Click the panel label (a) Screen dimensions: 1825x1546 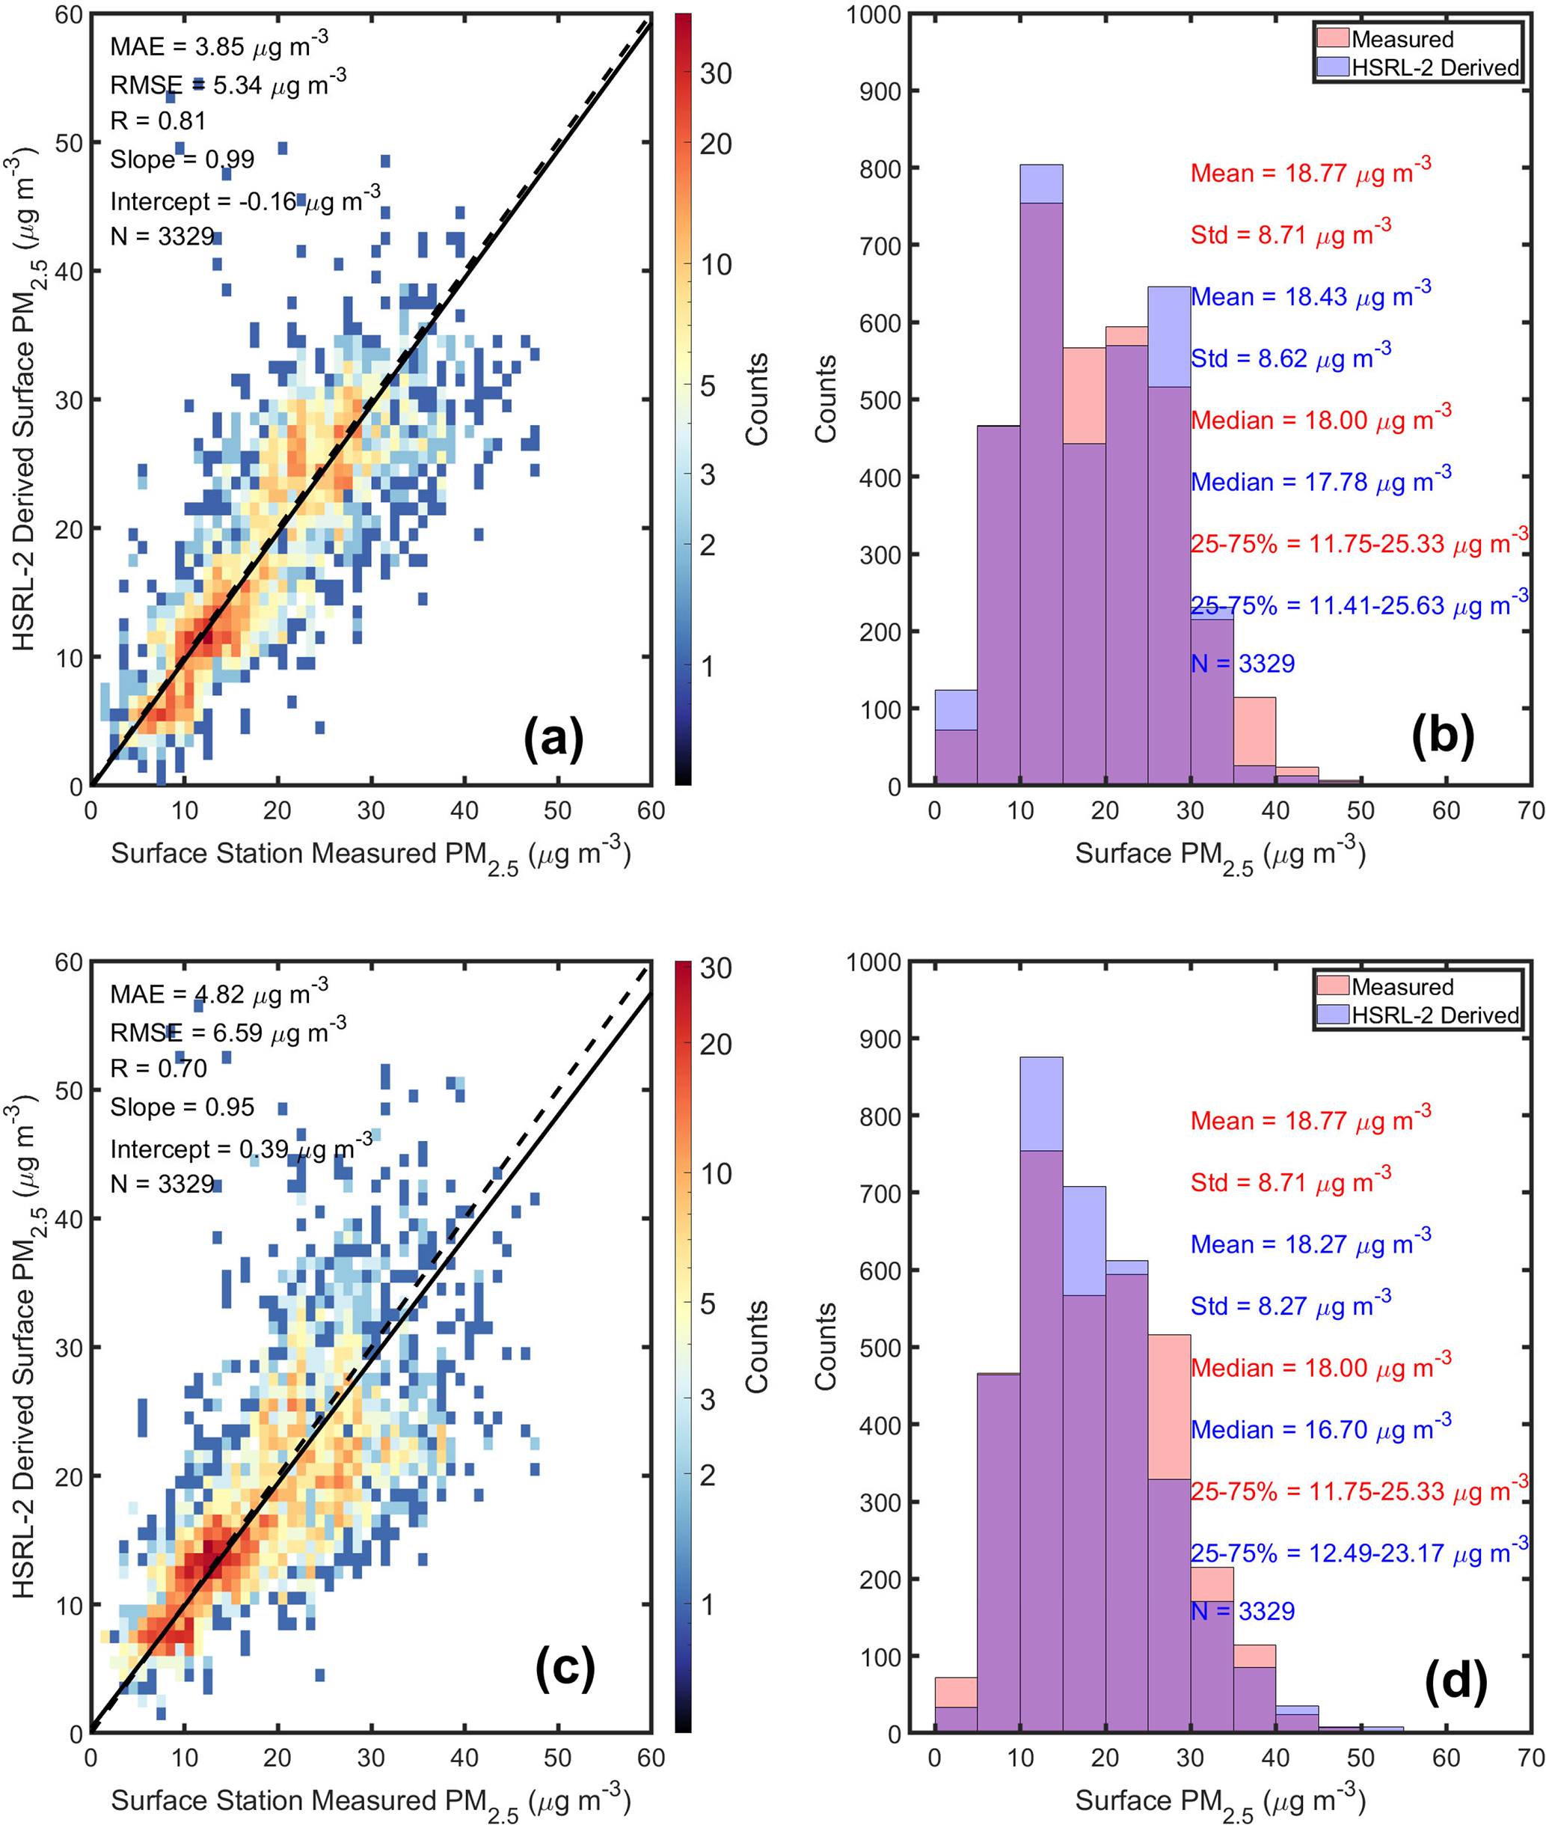pyautogui.click(x=553, y=739)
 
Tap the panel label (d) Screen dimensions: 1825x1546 pyautogui.click(x=1455, y=1683)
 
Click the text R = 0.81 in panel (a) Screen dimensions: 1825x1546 pyautogui.click(x=158, y=121)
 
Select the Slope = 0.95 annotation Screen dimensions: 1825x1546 pyautogui.click(x=182, y=1107)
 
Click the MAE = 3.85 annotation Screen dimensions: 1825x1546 pyautogui.click(x=218, y=45)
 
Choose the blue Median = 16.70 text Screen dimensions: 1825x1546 pyautogui.click(x=1320, y=1428)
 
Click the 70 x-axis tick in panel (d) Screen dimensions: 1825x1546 pyautogui.click(x=1530, y=1757)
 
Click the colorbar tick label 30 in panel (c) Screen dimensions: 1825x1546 pyautogui.click(x=716, y=967)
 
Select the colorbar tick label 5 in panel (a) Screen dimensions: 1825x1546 pyautogui.click(x=708, y=385)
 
